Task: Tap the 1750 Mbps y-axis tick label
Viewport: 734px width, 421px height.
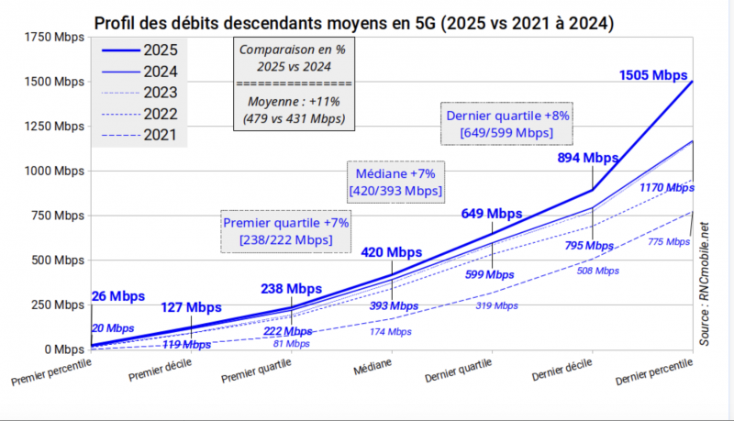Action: [x=48, y=38]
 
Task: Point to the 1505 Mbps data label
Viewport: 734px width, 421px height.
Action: [x=653, y=75]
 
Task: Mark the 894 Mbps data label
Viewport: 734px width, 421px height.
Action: [x=588, y=158]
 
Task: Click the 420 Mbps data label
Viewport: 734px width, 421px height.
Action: [x=391, y=251]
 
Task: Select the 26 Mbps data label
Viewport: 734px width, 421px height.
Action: [x=118, y=296]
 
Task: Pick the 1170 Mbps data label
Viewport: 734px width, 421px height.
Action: [x=666, y=187]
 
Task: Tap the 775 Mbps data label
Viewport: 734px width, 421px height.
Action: [x=667, y=241]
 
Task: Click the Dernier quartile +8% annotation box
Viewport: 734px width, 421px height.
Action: [x=507, y=125]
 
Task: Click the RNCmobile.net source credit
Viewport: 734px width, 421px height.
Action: [x=705, y=284]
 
